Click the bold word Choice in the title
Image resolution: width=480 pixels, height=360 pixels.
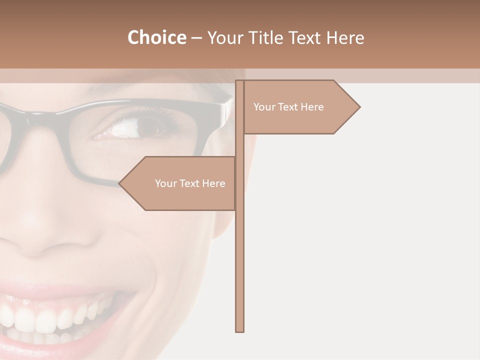point(156,37)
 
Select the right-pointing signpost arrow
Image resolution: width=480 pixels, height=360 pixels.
point(300,107)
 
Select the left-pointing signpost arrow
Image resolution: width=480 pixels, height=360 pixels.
point(180,183)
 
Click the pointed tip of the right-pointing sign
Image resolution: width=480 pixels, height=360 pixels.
point(358,106)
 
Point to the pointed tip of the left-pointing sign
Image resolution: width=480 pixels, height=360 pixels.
point(120,183)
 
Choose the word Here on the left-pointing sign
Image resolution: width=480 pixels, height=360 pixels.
point(213,183)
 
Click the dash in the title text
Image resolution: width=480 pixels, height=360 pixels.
point(196,38)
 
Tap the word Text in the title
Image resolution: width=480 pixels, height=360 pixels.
point(306,37)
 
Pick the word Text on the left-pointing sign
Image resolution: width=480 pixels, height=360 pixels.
point(189,183)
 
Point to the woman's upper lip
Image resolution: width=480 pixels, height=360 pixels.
point(60,290)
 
